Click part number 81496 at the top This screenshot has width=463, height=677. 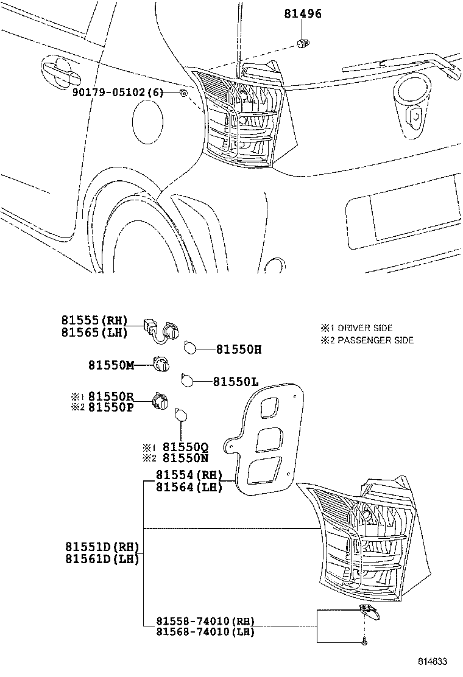pyautogui.click(x=302, y=14)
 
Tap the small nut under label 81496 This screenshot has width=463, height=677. pyautogui.click(x=302, y=42)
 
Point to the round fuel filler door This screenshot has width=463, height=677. pyautogui.click(x=149, y=122)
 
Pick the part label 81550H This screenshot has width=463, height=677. pyautogui.click(x=238, y=349)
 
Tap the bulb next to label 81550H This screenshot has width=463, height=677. pyautogui.click(x=190, y=348)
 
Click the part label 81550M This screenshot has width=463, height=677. pyautogui.click(x=111, y=365)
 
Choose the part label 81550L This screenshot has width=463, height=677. pyautogui.click(x=235, y=382)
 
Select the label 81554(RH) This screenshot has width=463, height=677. pyautogui.click(x=189, y=475)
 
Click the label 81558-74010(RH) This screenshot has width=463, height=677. pyautogui.click(x=205, y=621)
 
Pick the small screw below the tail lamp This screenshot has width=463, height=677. pyautogui.click(x=364, y=641)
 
